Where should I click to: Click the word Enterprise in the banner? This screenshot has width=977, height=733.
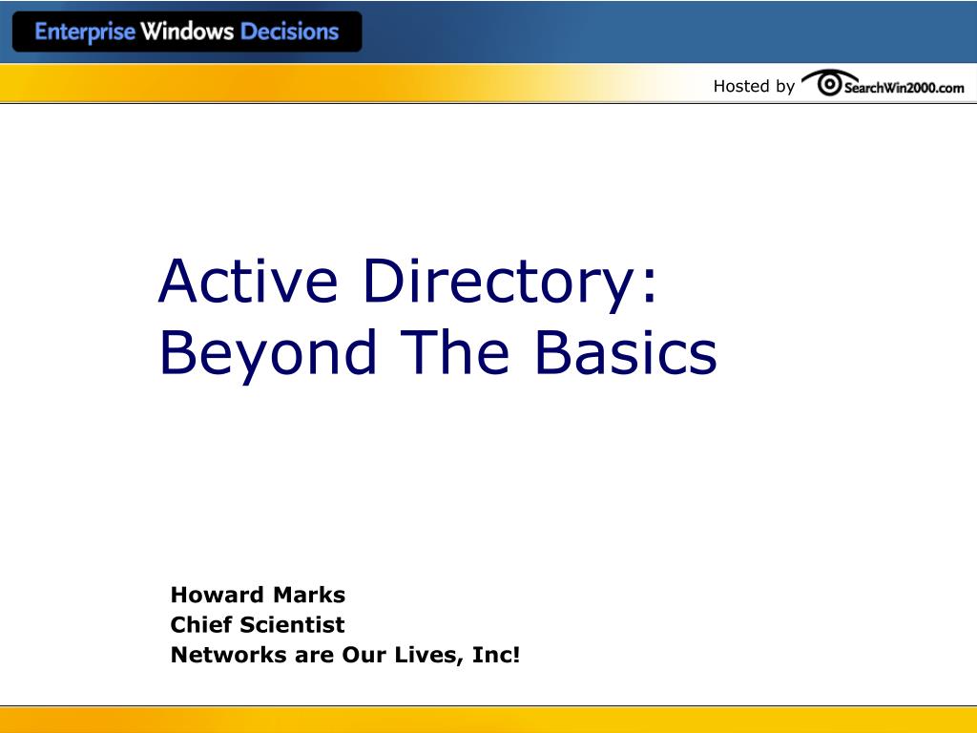(85, 31)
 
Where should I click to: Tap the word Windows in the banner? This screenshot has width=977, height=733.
(187, 31)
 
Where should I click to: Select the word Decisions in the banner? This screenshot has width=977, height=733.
(289, 31)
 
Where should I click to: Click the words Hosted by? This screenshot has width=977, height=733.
(754, 86)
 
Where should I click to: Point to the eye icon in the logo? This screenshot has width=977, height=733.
(829, 85)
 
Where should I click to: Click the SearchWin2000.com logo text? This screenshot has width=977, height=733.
(904, 88)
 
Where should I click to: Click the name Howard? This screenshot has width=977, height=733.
(217, 595)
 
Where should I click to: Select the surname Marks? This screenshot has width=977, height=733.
(309, 595)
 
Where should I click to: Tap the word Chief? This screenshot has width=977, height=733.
(200, 625)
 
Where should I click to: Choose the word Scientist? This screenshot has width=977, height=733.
(291, 625)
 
